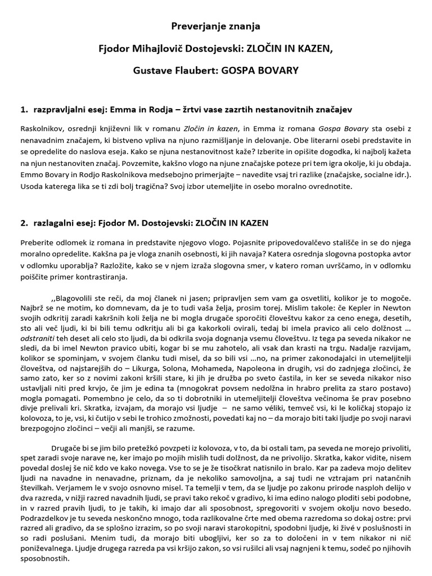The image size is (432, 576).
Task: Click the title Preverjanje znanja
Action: point(216,26)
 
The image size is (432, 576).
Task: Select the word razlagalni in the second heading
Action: point(55,223)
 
